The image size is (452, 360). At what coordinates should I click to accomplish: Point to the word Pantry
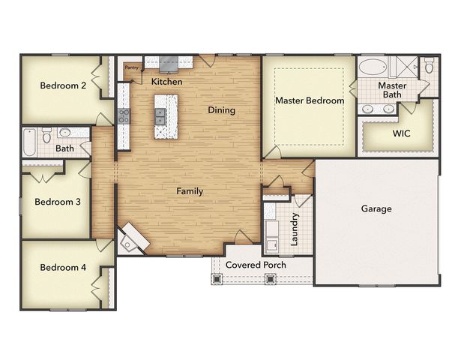(132, 68)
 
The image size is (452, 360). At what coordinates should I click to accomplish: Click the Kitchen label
(166, 81)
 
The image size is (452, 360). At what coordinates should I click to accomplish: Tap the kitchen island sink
(160, 115)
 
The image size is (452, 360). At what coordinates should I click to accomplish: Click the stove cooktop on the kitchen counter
(124, 115)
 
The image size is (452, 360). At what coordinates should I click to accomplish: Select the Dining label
(221, 110)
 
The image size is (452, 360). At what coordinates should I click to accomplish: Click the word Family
(190, 191)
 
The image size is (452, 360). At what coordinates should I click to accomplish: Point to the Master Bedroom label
(309, 100)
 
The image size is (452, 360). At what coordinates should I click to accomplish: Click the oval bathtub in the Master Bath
(372, 68)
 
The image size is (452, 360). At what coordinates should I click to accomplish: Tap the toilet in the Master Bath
(429, 67)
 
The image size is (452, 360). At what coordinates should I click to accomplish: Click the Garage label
(376, 209)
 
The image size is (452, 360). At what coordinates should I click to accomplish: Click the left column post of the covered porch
(218, 278)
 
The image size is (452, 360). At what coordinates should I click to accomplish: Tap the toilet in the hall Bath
(46, 136)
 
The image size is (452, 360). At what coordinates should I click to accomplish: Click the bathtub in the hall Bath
(29, 142)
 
